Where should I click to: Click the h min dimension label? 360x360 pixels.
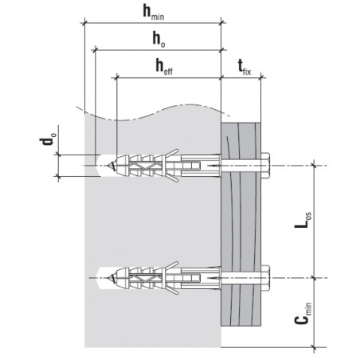pos(154,12)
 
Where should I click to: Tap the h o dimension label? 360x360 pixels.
pos(158,39)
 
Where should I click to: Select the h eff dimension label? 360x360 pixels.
pos(164,67)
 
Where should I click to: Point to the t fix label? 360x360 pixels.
pos(245,67)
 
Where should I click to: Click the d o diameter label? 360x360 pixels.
pos(48,139)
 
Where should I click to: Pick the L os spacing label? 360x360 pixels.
pos(303,220)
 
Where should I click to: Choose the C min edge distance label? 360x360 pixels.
pos(303,314)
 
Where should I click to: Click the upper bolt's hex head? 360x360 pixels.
pos(266,166)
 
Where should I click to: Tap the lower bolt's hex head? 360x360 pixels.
pos(266,278)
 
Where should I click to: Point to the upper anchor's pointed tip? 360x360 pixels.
pos(108,166)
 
